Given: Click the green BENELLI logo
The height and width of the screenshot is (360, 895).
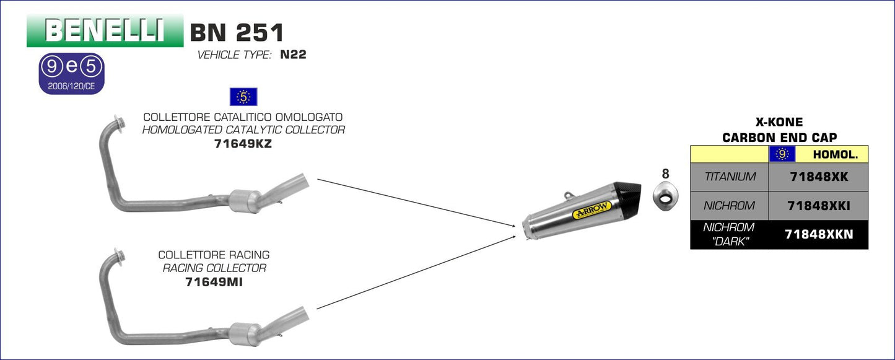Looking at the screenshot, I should [105, 30].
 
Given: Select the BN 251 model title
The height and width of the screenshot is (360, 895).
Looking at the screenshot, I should [237, 32].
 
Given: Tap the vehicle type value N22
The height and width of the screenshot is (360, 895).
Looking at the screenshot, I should [293, 55].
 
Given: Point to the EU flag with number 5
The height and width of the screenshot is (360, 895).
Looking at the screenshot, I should [243, 97].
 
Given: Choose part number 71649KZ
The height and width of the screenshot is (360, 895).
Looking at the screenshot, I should [243, 144].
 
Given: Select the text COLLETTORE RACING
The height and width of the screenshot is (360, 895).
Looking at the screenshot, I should [214, 255].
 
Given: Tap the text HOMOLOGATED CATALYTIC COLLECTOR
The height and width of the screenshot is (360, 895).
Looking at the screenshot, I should [243, 130].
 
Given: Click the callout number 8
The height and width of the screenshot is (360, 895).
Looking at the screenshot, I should [665, 174].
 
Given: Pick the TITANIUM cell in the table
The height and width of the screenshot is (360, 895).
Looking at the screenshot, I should [730, 177].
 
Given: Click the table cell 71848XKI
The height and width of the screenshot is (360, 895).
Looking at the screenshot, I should [818, 206].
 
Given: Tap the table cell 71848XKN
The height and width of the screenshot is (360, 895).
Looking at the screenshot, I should [818, 235].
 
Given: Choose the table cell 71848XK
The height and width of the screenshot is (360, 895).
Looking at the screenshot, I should [818, 177].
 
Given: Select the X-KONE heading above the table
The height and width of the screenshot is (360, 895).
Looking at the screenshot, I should [779, 123].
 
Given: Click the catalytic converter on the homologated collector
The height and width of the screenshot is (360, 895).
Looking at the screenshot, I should [245, 200].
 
